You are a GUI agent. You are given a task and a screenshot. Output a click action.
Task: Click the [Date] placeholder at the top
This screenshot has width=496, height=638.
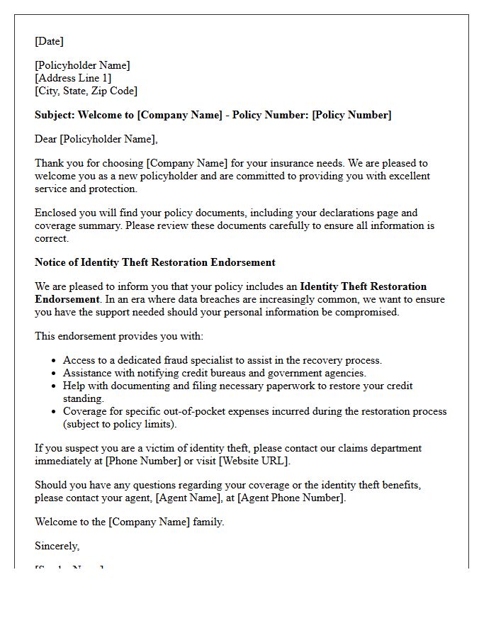(49, 41)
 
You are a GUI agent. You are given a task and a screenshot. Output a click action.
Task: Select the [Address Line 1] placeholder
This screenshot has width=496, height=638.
(73, 78)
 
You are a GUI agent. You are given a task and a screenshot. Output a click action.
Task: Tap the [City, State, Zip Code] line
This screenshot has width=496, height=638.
(86, 91)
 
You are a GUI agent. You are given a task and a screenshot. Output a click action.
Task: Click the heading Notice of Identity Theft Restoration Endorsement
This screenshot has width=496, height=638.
(154, 262)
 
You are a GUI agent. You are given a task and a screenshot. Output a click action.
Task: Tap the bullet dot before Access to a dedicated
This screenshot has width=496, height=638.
(54, 361)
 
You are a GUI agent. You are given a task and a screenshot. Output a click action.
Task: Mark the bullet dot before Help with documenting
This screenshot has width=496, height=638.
(54, 386)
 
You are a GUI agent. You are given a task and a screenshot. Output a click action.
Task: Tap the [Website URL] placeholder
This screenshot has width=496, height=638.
(254, 461)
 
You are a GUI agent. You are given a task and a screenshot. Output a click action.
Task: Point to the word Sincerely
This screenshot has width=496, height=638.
(57, 546)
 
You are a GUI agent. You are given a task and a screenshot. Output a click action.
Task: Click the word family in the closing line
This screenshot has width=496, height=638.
(206, 522)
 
